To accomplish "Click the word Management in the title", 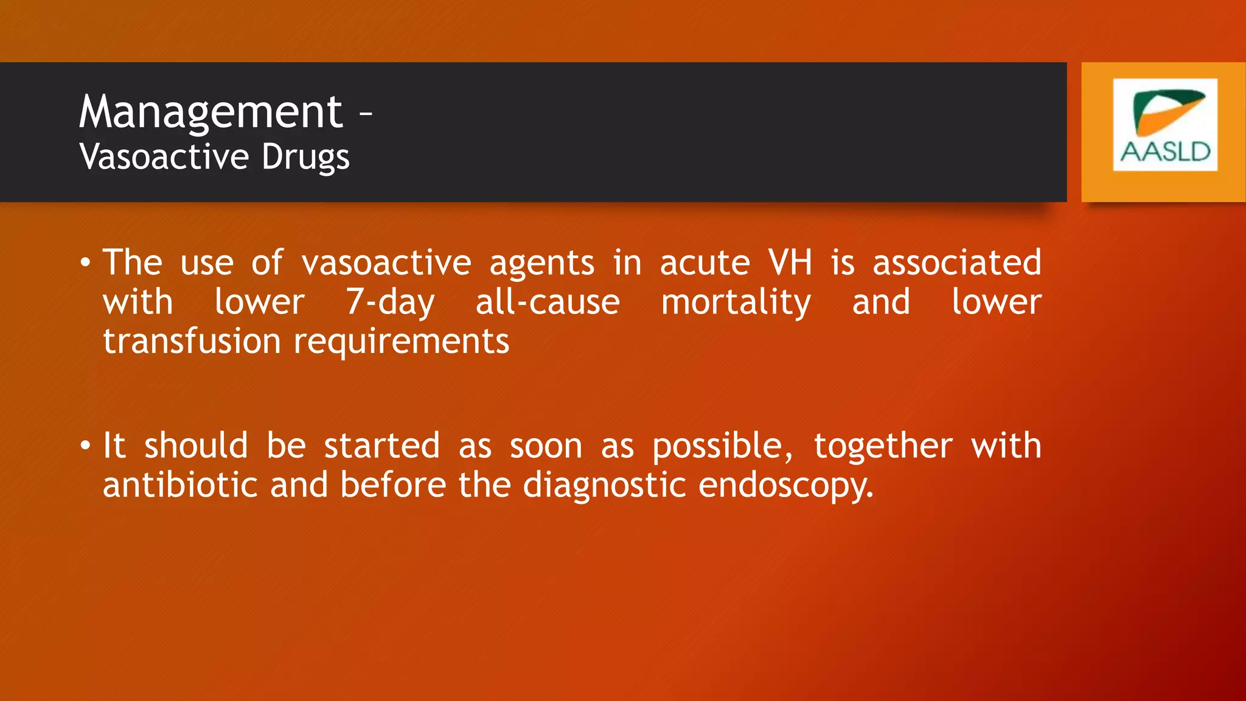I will coord(211,113).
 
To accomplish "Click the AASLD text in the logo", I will coord(1165,152).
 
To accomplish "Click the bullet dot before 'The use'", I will coord(85,263).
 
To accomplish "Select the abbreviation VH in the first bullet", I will coord(790,263).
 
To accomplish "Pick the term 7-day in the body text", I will coord(390,302).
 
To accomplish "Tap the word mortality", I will coord(736,302).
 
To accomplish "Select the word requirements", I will coord(402,342).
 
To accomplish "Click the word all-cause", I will coord(547,302).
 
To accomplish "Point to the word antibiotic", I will coord(180,485).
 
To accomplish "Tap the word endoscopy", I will coord(785,486).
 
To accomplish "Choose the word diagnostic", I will coord(605,486).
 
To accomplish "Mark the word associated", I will coord(956,263).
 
